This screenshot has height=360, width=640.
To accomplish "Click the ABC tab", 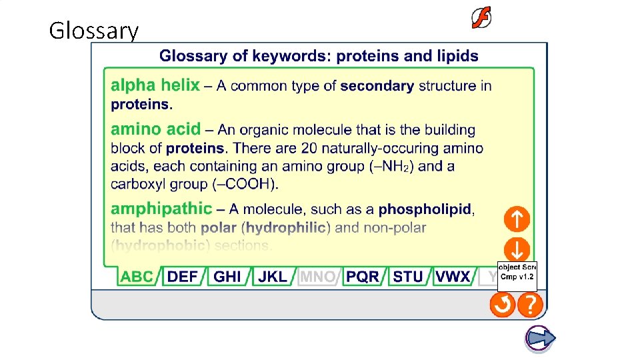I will (138, 277).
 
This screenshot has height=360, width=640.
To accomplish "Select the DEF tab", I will (183, 277).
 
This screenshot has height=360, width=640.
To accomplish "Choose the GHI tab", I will (227, 277).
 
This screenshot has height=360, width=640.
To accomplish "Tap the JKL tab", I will (272, 277).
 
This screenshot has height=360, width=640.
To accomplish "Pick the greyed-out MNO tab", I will (317, 277).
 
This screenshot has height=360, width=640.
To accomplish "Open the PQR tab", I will (363, 277).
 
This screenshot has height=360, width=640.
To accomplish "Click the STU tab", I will (408, 277).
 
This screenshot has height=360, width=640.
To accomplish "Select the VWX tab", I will (453, 277).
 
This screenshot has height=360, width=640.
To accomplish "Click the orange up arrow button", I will (517, 219).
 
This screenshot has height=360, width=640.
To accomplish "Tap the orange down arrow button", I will (517, 250).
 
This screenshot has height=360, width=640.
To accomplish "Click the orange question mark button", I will (531, 305).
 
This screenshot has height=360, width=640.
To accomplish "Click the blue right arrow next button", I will (539, 338).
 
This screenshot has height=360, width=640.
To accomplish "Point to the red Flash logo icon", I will (481, 19).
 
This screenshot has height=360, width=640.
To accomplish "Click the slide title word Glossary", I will (94, 31).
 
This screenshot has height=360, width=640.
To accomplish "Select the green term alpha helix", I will (155, 85).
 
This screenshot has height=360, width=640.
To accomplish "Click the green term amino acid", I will (155, 129).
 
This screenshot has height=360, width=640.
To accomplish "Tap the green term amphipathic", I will (161, 209).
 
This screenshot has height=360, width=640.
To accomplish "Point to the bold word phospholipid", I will (425, 210).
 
